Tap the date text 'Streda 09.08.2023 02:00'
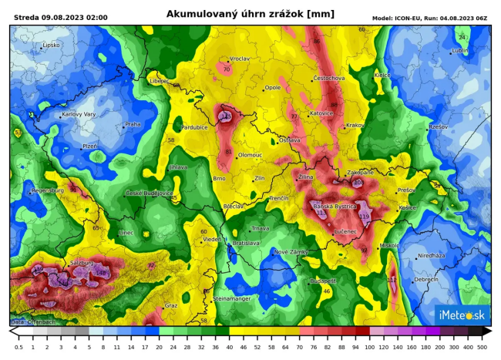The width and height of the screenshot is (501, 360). click(61, 17)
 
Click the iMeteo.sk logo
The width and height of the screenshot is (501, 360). click(461, 315)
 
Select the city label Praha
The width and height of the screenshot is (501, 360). click(133, 124)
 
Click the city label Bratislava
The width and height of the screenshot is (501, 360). click(246, 243)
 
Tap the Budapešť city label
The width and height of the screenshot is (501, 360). click(323, 281)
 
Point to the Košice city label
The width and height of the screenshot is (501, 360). click(408, 208)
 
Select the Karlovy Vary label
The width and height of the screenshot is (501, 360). click(79, 114)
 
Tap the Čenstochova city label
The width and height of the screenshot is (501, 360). click(329, 78)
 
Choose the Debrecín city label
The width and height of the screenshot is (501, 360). click(425, 280)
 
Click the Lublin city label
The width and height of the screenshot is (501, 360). click(459, 51)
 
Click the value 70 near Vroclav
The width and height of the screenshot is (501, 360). click(226, 69)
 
